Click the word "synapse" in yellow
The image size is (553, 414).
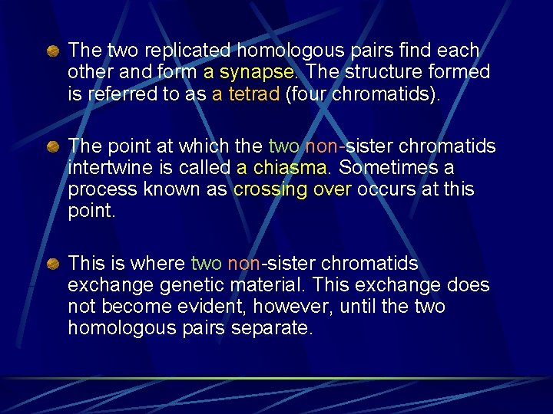257,72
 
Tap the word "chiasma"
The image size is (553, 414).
293,168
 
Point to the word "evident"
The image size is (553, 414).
201,307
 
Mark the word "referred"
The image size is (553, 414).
119,94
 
